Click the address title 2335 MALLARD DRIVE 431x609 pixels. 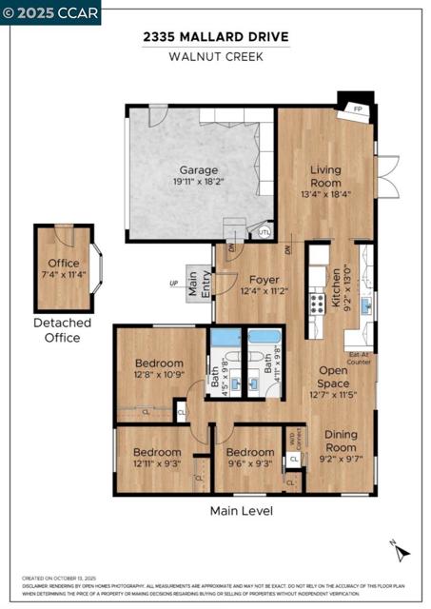[215, 37]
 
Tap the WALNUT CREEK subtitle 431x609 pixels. [215, 56]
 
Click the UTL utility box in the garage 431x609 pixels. [264, 231]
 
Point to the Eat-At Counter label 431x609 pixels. [359, 359]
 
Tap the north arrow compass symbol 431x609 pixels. [401, 549]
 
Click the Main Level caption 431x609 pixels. [241, 511]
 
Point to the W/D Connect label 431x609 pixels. [293, 441]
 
